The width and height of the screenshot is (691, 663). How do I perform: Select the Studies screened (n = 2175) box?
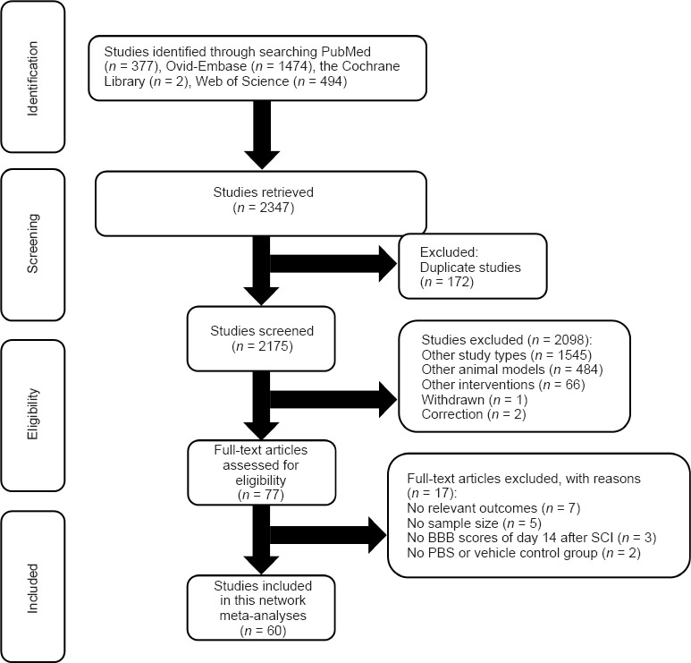(x=248, y=332)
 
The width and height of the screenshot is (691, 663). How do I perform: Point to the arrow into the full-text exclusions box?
(x=327, y=536)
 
